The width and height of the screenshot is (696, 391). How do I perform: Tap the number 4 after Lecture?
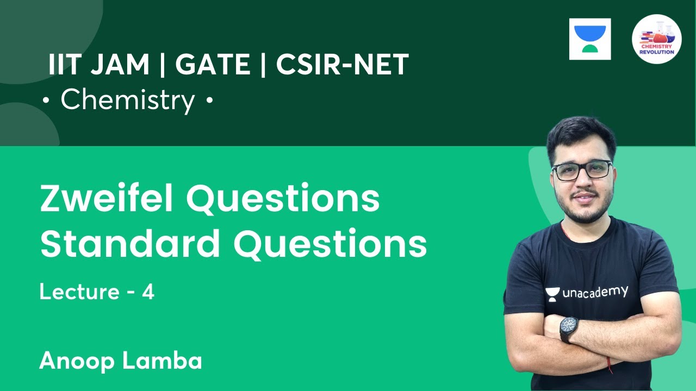click(148, 292)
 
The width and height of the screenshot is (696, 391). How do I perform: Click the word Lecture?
click(79, 292)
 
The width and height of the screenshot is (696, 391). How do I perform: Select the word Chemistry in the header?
click(128, 100)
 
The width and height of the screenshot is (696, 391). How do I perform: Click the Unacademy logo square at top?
click(590, 39)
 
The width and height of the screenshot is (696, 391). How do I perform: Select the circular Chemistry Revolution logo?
click(657, 39)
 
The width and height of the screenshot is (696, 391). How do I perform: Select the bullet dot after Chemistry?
click(209, 102)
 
